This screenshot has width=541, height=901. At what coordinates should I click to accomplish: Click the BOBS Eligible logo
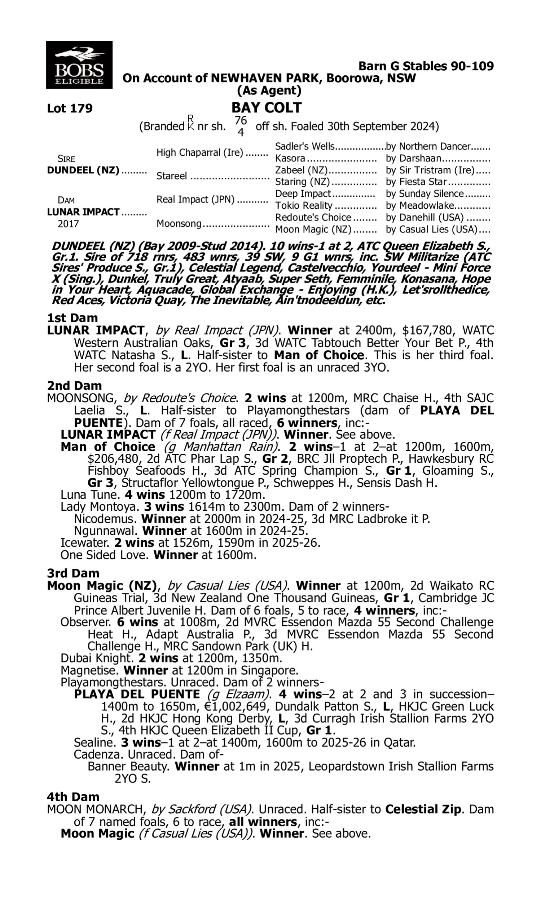tap(79, 65)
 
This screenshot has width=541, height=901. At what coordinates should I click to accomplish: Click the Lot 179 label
tap(70, 108)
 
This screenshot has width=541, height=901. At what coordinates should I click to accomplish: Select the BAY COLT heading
tap(267, 107)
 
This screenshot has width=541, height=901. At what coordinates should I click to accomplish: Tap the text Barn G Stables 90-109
tap(426, 66)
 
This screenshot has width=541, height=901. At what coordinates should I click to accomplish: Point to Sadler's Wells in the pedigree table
tap(304, 146)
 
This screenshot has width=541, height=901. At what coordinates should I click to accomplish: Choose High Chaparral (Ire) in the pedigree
tap(199, 152)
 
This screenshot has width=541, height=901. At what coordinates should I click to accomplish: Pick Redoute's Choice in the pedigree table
tap(313, 217)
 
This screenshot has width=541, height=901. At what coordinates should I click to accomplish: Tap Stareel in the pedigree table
tap(172, 176)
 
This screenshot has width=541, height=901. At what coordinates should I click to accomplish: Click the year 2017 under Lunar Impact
tap(68, 223)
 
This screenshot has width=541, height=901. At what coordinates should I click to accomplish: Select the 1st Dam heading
tap(72, 318)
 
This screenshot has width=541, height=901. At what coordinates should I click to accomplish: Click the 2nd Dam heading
tap(74, 385)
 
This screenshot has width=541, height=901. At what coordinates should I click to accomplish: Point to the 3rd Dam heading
tap(73, 573)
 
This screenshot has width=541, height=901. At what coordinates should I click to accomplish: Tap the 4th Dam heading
tap(73, 797)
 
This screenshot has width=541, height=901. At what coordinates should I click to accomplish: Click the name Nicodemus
tap(105, 519)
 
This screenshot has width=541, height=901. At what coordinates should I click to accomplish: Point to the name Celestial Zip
tap(423, 809)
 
